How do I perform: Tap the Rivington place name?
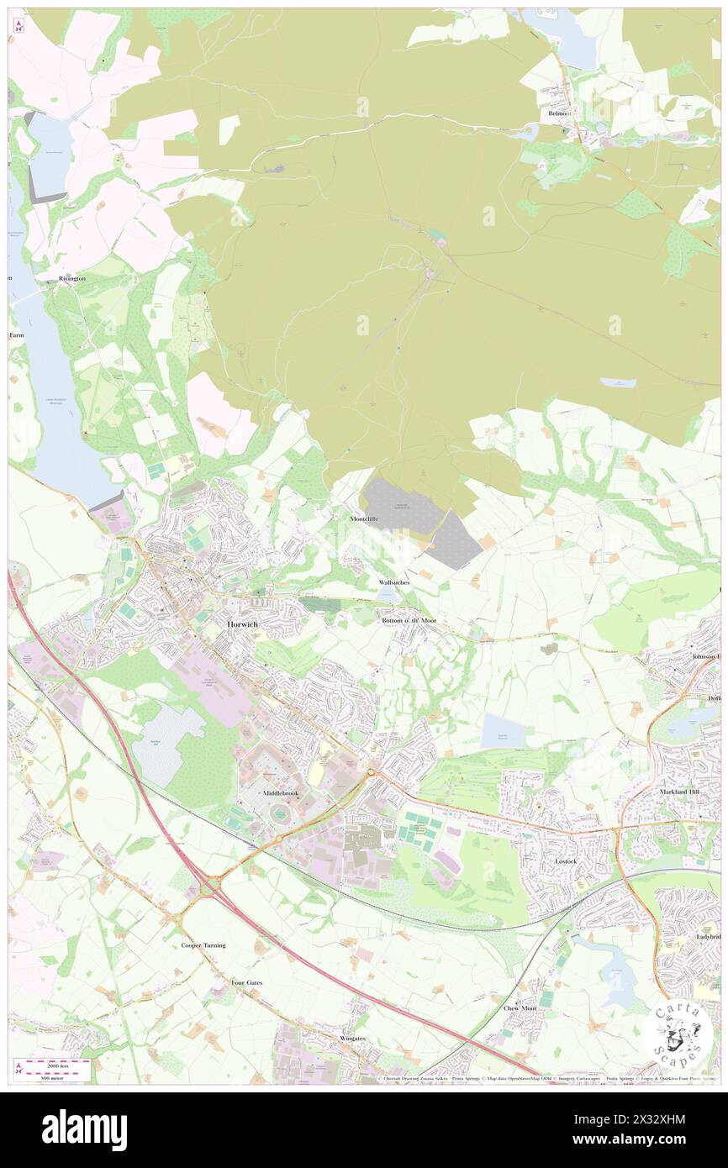pyautogui.click(x=71, y=279)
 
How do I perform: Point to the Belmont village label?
pyautogui.click(x=560, y=113)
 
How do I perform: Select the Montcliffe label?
pyautogui.click(x=364, y=519)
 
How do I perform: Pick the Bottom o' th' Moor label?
pyautogui.click(x=409, y=620)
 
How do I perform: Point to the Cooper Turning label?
pyautogui.click(x=203, y=945)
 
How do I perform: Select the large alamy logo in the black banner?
pyautogui.click(x=84, y=1130)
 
